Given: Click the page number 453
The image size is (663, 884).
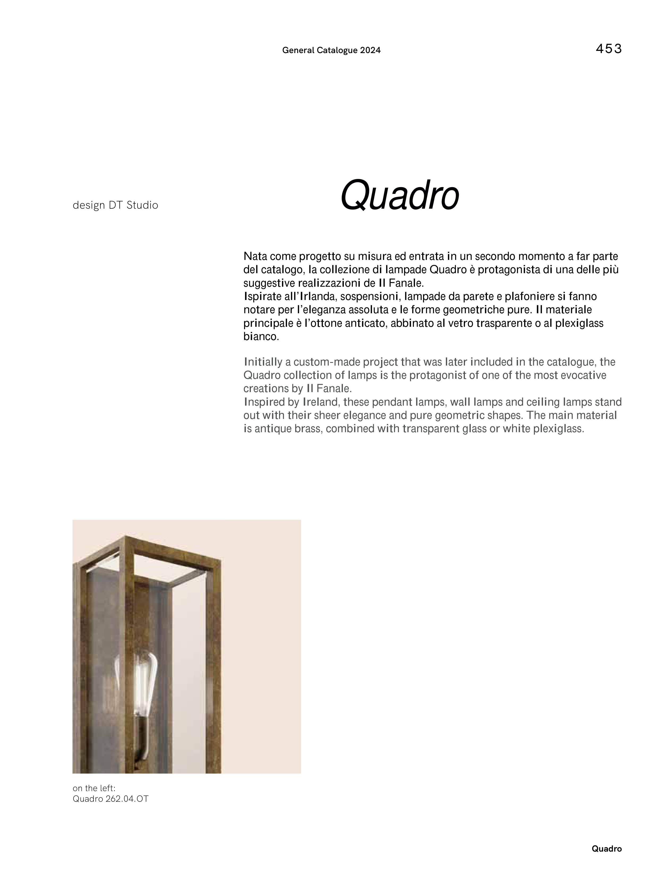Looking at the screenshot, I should coord(608,49).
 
